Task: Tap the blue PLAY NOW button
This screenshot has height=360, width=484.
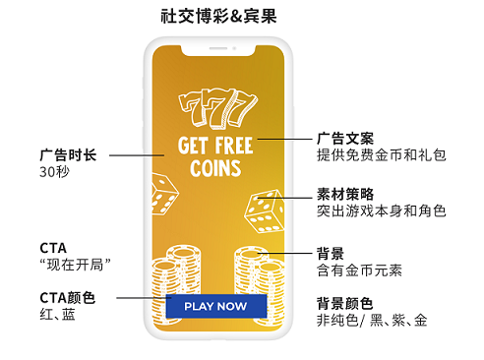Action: point(215,306)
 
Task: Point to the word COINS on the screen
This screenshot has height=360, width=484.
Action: point(215,167)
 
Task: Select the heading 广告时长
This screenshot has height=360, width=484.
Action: point(68,154)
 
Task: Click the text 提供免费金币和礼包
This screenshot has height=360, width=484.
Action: point(381,154)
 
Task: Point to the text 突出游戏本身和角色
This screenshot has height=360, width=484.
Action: point(381,210)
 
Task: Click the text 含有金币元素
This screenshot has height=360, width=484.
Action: point(359,270)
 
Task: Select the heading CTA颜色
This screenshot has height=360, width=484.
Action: point(68,297)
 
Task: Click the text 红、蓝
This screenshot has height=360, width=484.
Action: point(57,315)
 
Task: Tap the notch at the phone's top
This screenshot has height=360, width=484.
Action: point(215,46)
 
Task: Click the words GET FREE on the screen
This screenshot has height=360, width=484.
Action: point(215,146)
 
